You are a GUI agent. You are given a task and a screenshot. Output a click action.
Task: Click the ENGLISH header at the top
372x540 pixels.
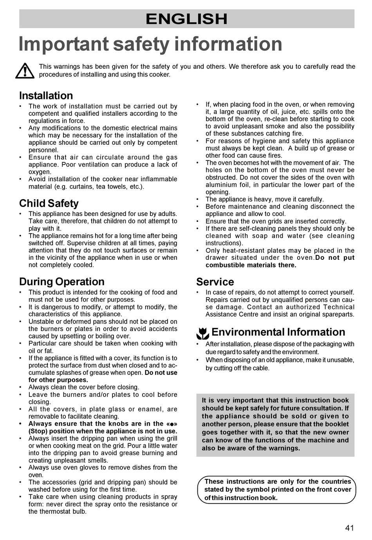(186, 19)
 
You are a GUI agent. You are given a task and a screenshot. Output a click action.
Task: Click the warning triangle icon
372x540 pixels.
(25, 71)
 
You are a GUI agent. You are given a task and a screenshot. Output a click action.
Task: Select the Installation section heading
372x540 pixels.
(46, 95)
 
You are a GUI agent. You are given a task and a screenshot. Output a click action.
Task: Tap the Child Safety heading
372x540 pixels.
(49, 203)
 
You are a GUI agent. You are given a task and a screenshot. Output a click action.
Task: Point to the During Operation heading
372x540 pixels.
(61, 281)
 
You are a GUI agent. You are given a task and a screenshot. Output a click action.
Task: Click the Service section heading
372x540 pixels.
(215, 282)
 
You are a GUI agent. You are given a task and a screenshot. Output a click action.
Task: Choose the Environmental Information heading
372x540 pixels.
(278, 332)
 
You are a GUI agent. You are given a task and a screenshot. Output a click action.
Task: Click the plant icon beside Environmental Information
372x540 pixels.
(202, 333)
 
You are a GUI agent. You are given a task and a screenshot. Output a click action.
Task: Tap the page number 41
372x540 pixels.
(349, 528)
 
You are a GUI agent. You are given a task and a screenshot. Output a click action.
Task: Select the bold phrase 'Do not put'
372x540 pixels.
(335, 258)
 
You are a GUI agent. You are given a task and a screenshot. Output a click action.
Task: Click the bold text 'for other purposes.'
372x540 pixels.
(58, 380)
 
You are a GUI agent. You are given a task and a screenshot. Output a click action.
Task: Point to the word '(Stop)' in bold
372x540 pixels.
(38, 431)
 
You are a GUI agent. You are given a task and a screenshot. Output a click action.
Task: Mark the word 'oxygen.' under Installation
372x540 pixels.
(40, 172)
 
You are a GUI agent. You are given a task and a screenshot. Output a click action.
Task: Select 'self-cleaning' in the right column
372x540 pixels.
(244, 229)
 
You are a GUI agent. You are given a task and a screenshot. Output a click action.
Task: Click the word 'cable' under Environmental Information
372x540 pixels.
(260, 368)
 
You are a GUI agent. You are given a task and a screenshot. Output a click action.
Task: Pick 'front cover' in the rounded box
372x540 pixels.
(334, 490)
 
